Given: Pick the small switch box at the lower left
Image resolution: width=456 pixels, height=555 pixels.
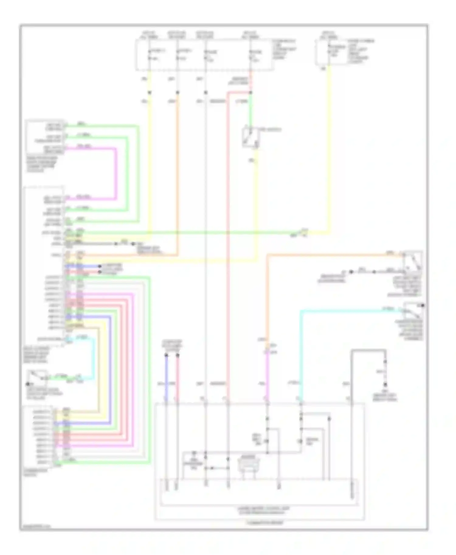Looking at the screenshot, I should pos(37,377).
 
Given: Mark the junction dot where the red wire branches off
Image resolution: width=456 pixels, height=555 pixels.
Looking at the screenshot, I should pos(250,93).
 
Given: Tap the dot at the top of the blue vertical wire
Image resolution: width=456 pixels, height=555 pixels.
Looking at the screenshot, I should pos(166,355).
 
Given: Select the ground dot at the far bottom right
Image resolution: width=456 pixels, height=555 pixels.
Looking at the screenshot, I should pos(385,385).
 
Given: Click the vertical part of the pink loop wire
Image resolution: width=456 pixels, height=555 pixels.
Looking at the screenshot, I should pos(116,173).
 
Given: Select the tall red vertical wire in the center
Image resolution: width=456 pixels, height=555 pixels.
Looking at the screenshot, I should pos(227,243).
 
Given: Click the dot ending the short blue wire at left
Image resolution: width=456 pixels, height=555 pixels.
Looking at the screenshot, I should pos(100,267).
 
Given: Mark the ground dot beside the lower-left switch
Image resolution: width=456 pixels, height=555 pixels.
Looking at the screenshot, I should pos(28,384).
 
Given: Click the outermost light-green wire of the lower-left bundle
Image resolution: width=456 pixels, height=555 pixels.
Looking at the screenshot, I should pos(150,364).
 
